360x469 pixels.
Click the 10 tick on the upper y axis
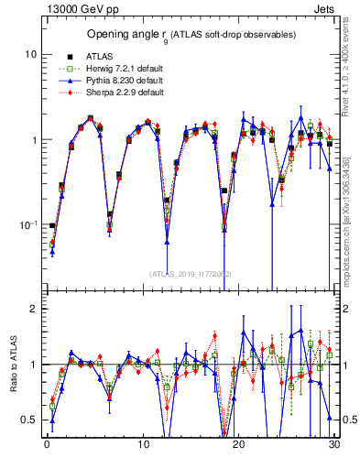point(30,55)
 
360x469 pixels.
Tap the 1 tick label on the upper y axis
point(33,140)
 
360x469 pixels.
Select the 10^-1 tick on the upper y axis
point(28,224)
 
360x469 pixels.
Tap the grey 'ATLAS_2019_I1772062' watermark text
point(190,274)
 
